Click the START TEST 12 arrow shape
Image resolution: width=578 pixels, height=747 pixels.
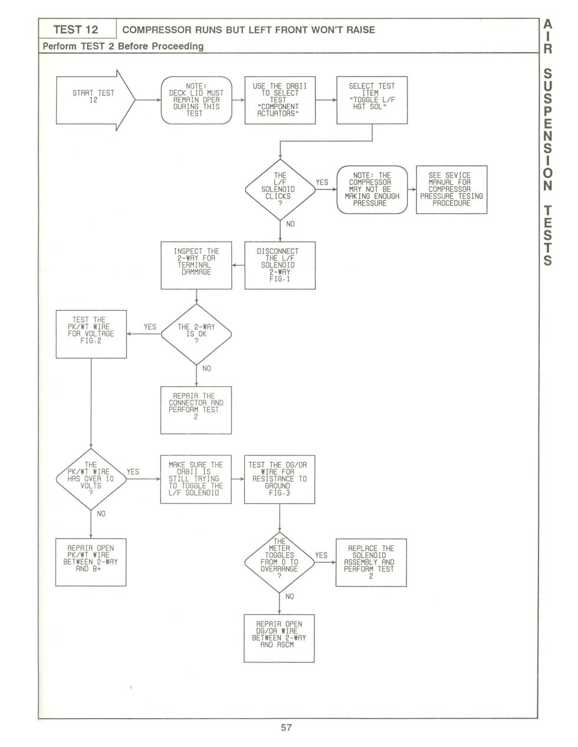pos(96,100)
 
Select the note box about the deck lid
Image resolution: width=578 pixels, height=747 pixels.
pos(196,100)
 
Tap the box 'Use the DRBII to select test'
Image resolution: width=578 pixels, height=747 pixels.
pos(280,100)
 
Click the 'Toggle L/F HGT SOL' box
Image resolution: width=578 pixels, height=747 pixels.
pos(372,100)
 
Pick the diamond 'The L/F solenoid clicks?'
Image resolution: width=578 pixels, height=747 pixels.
pos(280,190)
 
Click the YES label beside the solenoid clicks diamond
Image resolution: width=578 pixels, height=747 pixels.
pos(321,182)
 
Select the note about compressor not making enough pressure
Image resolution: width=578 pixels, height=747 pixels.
pos(372,190)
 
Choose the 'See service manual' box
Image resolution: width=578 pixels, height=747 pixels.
pos(451,190)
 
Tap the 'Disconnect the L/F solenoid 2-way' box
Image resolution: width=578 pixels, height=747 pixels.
pos(280,265)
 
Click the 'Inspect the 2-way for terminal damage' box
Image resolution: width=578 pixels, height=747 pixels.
pos(196,265)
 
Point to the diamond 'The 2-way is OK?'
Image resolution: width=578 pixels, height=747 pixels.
pos(196,334)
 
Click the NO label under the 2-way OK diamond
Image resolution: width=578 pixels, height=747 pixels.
pos(206,368)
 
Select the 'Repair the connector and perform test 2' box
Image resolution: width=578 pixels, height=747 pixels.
pos(196,410)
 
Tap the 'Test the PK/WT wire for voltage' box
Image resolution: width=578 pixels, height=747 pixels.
pos(91,334)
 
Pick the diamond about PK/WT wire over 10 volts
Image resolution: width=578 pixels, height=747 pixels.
pos(91,479)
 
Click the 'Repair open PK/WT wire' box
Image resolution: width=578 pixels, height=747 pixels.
pos(91,562)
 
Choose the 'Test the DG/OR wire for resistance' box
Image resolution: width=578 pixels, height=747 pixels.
pos(280,479)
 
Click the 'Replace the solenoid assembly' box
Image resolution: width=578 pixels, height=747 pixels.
pos(371,562)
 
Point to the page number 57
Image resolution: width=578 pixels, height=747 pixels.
pos(286,728)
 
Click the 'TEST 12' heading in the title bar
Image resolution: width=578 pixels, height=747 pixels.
pos(76,30)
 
